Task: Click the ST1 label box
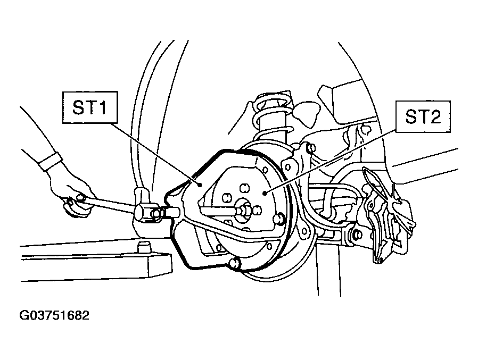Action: pyautogui.click(x=90, y=107)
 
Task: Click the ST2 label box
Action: pyautogui.click(x=423, y=116)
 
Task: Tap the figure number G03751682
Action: pyautogui.click(x=54, y=315)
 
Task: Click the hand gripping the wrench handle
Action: pyautogui.click(x=72, y=195)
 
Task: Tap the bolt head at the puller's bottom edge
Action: pyautogui.click(x=234, y=263)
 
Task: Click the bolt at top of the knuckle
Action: pyautogui.click(x=310, y=148)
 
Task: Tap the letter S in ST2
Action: pyautogui.click(x=411, y=116)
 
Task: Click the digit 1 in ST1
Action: pyautogui.click(x=103, y=107)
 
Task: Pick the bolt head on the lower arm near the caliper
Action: pyautogui.click(x=358, y=235)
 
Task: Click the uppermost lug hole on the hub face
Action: pyautogui.click(x=244, y=188)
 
